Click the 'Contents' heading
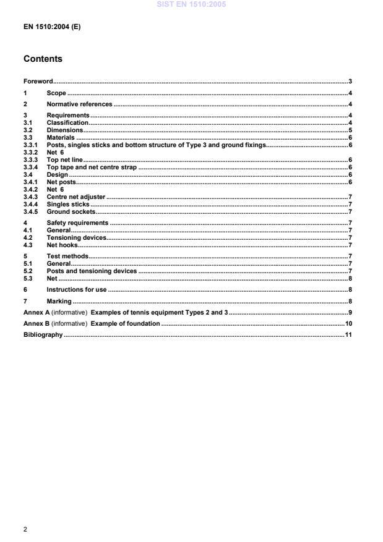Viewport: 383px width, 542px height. (x=43, y=60)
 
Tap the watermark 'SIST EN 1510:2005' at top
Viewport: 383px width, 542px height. (x=191, y=4)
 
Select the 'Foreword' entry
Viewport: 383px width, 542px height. (x=38, y=82)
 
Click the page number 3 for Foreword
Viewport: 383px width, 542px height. (x=350, y=82)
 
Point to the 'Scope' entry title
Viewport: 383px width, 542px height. (x=56, y=93)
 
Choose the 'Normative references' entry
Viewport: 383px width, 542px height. (x=79, y=104)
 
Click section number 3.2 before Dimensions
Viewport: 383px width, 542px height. (x=28, y=130)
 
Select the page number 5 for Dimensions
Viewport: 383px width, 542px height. (x=350, y=130)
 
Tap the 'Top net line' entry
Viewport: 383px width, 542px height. (x=65, y=159)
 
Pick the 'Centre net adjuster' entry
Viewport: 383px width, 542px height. (x=75, y=197)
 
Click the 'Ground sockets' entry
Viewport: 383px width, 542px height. (x=71, y=211)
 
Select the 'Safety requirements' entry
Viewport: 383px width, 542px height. (x=77, y=222)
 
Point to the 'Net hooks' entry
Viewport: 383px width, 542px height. (x=62, y=245)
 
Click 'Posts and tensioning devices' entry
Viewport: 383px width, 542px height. (x=92, y=271)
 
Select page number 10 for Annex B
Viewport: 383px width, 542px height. (x=348, y=324)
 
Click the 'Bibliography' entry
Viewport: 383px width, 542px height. (x=43, y=335)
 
